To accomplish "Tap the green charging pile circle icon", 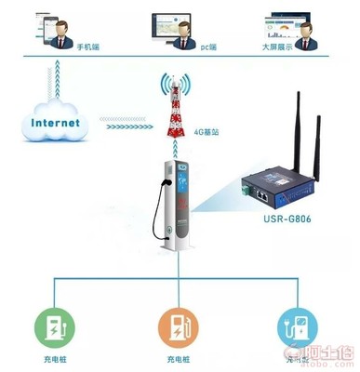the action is [x=56, y=325].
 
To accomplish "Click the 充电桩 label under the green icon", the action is [x=55, y=359].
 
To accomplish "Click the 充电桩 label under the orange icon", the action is [x=180, y=359].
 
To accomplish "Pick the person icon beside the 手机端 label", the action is [x=60, y=37].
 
